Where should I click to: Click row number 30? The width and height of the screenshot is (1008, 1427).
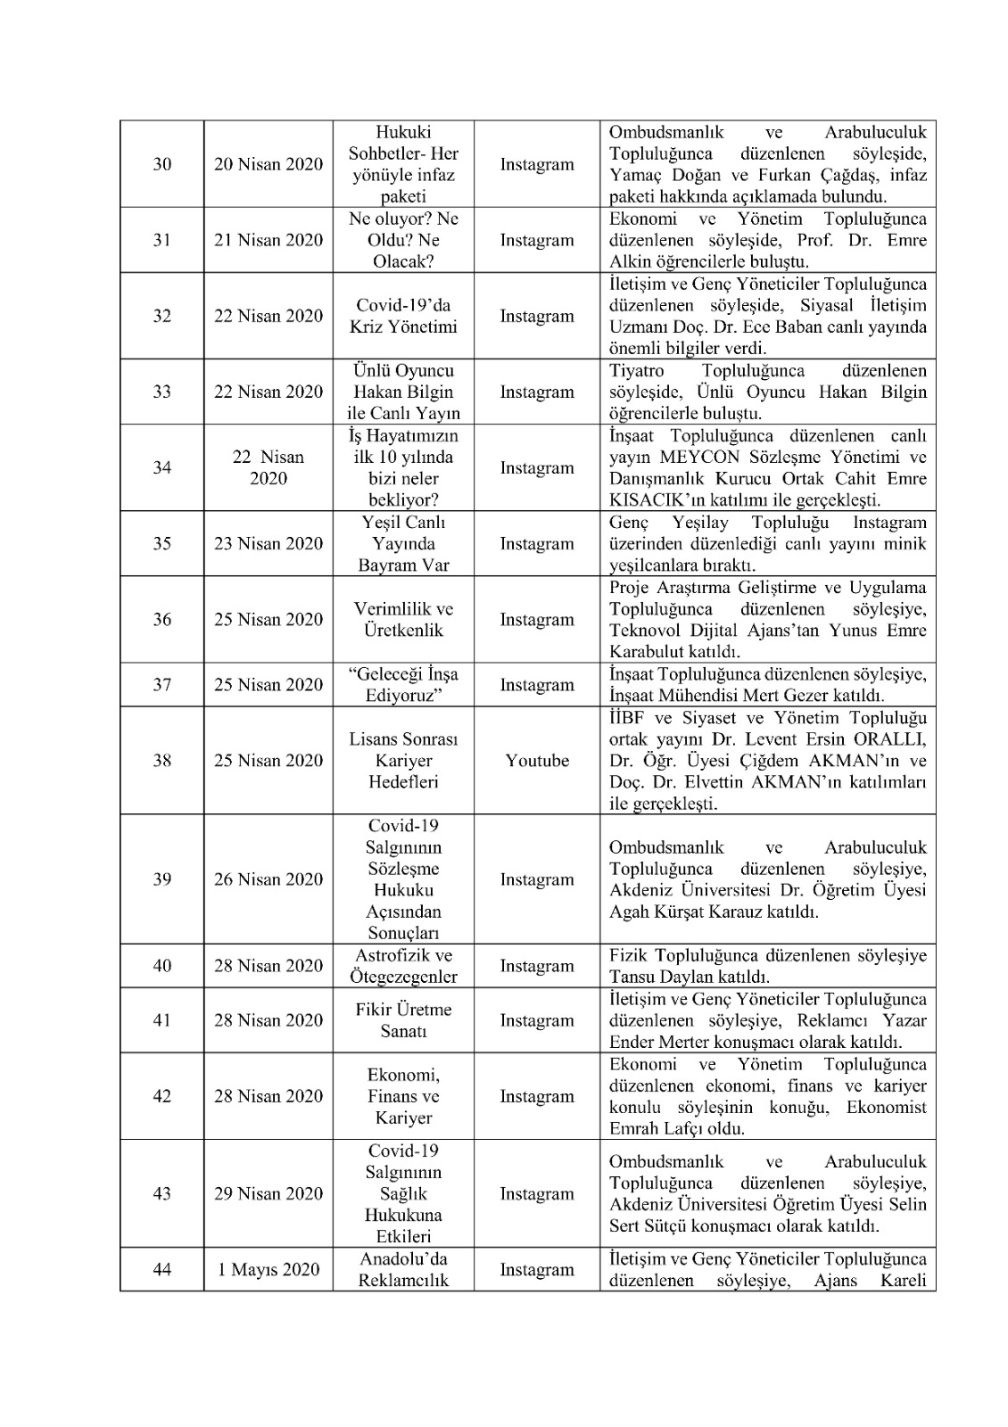click(161, 164)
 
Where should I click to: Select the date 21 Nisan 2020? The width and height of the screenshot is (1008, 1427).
click(269, 240)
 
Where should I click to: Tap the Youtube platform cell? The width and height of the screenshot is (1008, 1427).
click(537, 761)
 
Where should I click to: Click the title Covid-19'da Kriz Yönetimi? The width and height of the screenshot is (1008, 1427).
click(403, 316)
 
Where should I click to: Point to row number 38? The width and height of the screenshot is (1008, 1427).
click(161, 761)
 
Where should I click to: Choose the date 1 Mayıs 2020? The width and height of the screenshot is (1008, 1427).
click(269, 1269)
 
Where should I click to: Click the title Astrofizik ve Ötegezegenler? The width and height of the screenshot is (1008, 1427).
click(403, 966)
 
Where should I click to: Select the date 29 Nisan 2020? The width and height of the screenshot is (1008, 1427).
click(269, 1193)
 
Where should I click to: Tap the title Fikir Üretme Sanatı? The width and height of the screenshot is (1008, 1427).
click(403, 1020)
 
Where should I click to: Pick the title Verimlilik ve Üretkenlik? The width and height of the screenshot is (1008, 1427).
click(403, 620)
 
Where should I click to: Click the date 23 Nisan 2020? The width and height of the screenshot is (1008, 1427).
click(269, 544)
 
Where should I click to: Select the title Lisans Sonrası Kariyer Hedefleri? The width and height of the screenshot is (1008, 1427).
click(403, 761)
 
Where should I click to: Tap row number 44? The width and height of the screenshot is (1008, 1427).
click(161, 1269)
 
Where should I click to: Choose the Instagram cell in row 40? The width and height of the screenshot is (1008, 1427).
click(537, 966)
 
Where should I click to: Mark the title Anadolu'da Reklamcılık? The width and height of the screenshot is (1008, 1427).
click(403, 1269)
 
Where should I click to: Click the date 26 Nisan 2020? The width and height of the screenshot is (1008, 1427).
click(269, 879)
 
